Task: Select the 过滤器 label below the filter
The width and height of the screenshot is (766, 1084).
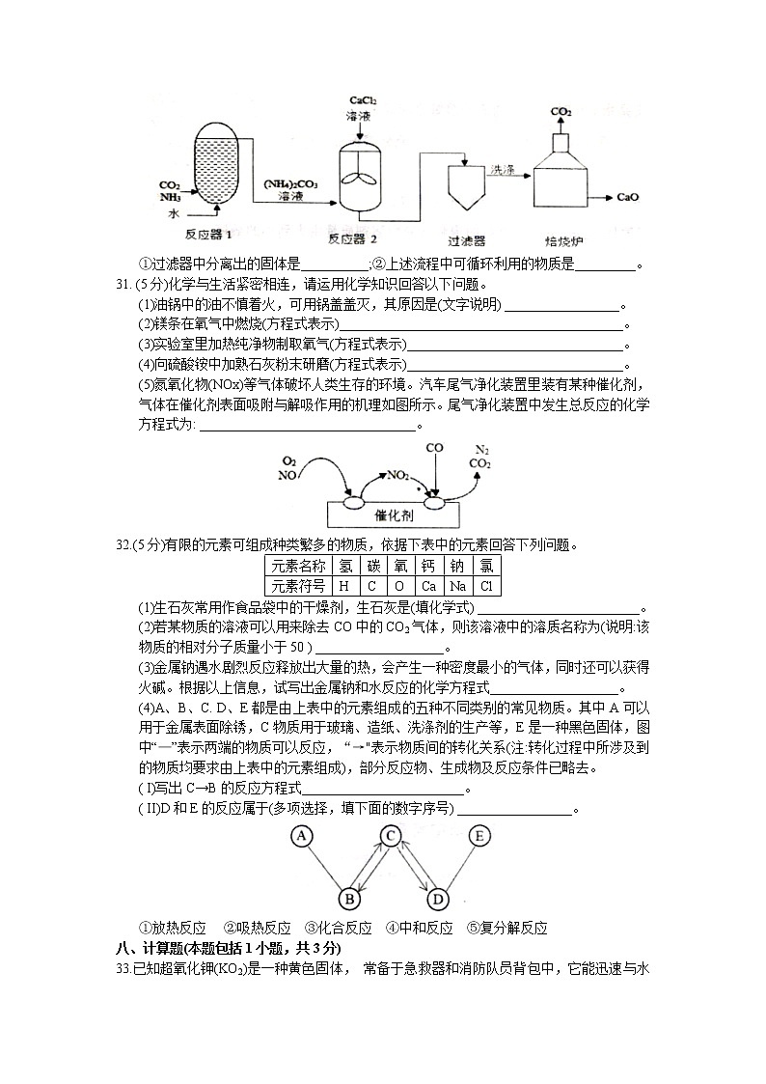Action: pyautogui.click(x=467, y=239)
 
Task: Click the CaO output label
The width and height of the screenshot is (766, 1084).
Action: pyautogui.click(x=628, y=198)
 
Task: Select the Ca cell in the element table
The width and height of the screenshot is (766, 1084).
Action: pyautogui.click(x=428, y=586)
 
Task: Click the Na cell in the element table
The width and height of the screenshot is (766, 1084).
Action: pyautogui.click(x=457, y=586)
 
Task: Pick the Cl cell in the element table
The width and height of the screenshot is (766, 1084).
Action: pyautogui.click(x=486, y=586)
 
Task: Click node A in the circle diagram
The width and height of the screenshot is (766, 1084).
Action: pyautogui.click(x=303, y=836)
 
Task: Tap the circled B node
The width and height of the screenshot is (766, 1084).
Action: pyautogui.click(x=351, y=900)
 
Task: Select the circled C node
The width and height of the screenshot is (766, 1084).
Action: pyautogui.click(x=391, y=836)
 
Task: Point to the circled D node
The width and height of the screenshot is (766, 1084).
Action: pyautogui.click(x=436, y=900)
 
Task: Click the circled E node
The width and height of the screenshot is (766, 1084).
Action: pyautogui.click(x=479, y=836)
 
